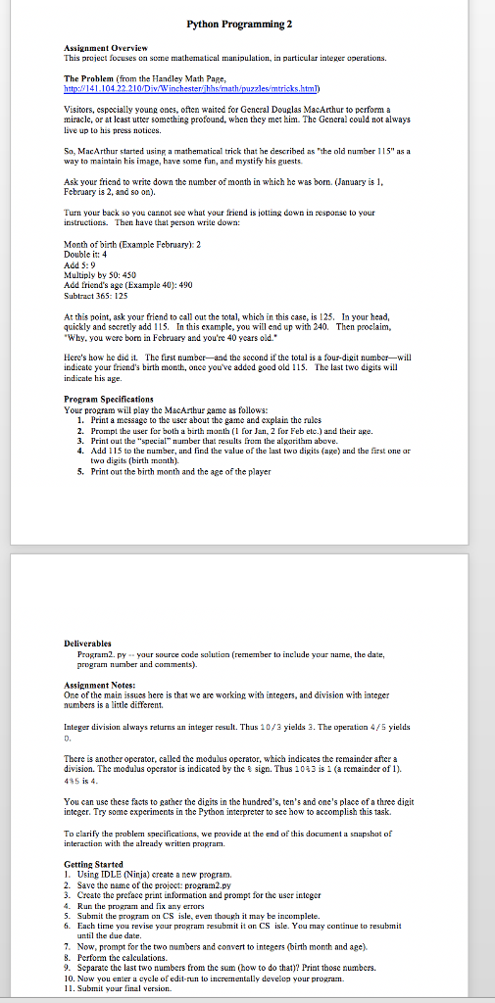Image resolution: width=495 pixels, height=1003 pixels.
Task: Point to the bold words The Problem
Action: pyautogui.click(x=86, y=75)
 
